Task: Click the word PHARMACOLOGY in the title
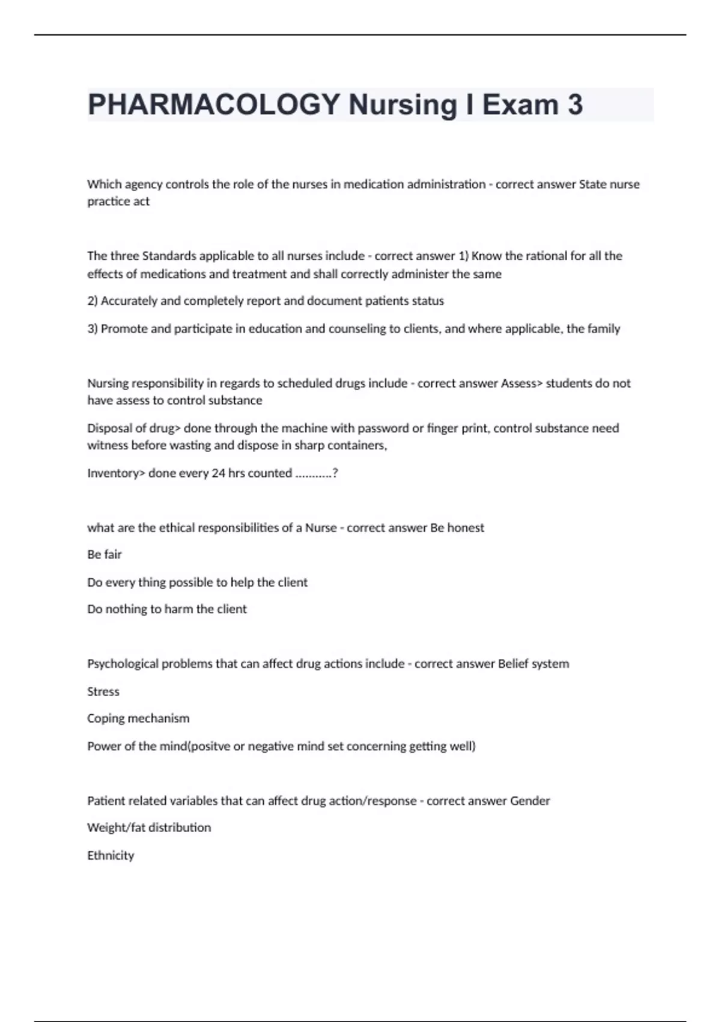214,105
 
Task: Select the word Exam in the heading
520,105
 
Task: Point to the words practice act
118,201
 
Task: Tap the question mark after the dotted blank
335,473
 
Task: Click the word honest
466,528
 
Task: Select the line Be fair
105,554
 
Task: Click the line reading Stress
103,691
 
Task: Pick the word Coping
106,718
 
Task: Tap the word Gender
530,801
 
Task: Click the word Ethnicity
111,855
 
